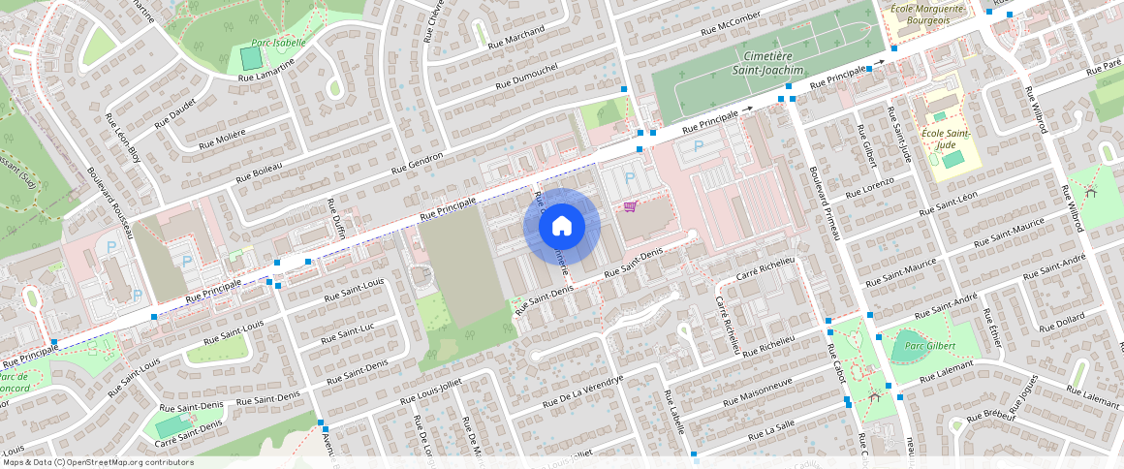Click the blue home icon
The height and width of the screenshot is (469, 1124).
tap(562, 226)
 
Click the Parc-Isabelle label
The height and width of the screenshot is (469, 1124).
tap(278, 43)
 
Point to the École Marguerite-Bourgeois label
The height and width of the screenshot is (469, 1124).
tap(927, 15)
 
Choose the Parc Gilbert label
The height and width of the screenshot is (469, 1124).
tap(930, 346)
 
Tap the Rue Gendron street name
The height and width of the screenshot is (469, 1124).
tap(417, 164)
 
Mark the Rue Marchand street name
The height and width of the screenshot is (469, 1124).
tap(516, 36)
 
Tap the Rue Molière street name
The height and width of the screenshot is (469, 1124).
tap(222, 140)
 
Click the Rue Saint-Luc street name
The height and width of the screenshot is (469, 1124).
tap(347, 332)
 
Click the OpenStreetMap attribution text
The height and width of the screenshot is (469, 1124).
tap(98, 462)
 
